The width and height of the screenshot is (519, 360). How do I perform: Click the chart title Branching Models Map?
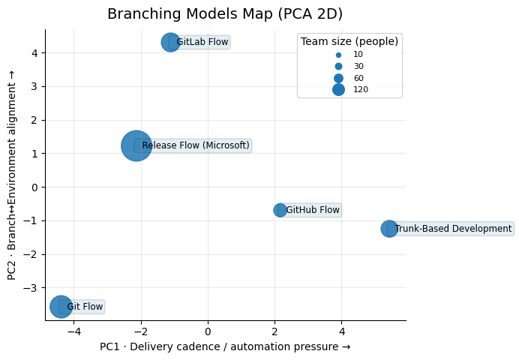pyautogui.click(x=225, y=14)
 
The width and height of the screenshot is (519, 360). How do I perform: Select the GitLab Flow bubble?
pyautogui.click(x=170, y=42)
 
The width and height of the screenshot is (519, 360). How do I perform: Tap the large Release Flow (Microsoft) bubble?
pyautogui.click(x=136, y=145)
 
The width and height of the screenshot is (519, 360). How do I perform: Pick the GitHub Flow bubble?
pyautogui.click(x=280, y=210)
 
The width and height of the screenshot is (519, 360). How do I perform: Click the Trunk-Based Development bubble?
pyautogui.click(x=388, y=229)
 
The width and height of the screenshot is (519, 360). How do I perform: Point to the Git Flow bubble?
pyautogui.click(x=61, y=306)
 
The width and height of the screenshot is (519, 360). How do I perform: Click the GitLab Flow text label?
pyautogui.click(x=202, y=42)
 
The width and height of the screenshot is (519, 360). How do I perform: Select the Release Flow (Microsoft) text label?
pyautogui.click(x=196, y=145)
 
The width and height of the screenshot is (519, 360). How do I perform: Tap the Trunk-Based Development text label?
pyautogui.click(x=453, y=229)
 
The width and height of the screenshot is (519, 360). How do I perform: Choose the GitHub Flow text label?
pyautogui.click(x=313, y=210)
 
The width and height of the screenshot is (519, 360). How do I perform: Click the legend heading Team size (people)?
pyautogui.click(x=349, y=42)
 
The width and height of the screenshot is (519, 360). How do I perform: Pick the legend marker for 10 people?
pyautogui.click(x=338, y=55)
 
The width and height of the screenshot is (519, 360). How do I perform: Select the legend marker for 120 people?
pyautogui.click(x=338, y=90)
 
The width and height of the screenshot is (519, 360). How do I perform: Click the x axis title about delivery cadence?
pyautogui.click(x=225, y=347)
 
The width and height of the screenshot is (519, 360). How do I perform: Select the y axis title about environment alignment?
pyautogui.click(x=13, y=180)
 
